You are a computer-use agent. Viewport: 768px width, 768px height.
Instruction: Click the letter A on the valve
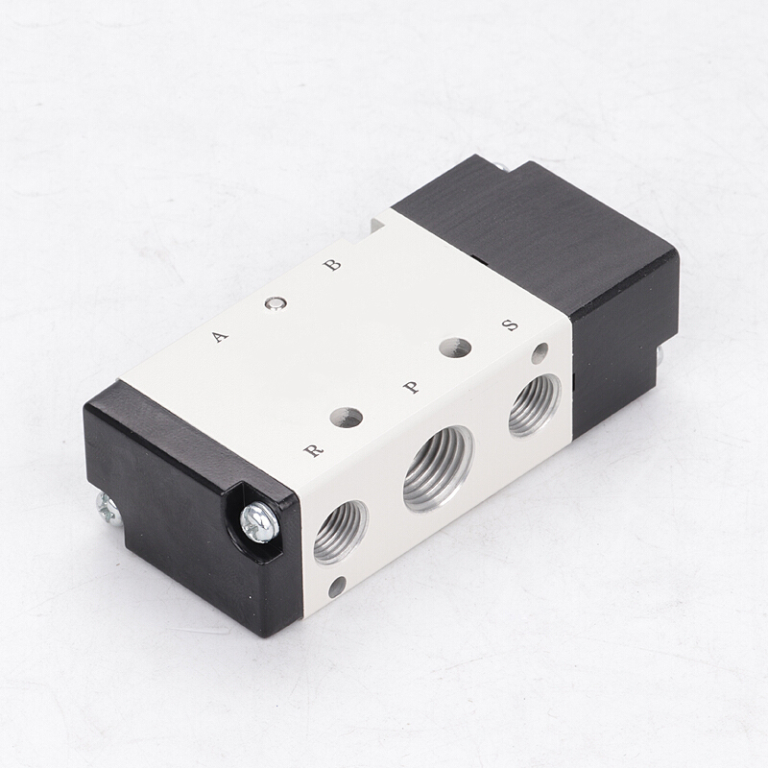click(x=220, y=337)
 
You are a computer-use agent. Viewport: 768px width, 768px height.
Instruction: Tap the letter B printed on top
click(x=332, y=265)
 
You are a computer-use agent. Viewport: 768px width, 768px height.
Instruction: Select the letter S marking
click(x=511, y=325)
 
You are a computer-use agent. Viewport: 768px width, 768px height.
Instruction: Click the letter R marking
click(x=314, y=449)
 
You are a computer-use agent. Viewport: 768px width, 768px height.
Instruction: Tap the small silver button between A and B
click(x=276, y=303)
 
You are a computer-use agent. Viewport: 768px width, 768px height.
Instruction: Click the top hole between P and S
click(x=455, y=348)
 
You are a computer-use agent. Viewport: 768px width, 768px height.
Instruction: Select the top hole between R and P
click(x=347, y=417)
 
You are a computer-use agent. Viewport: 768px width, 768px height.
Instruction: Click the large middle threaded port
click(x=439, y=468)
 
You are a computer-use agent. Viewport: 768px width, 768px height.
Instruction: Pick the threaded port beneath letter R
click(x=341, y=532)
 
